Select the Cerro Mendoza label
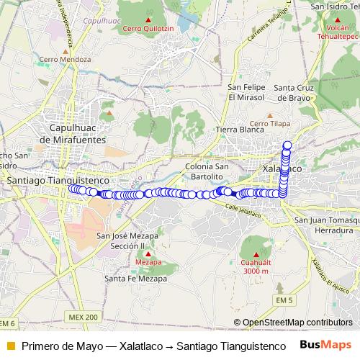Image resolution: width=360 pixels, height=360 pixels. click(65, 59)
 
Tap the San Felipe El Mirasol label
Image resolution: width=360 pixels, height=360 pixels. click(247, 91)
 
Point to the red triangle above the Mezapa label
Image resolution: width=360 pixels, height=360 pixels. click(148, 254)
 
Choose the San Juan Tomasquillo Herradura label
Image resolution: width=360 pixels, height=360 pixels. click(328, 225)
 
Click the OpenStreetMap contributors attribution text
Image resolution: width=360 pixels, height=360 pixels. click(297, 323)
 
